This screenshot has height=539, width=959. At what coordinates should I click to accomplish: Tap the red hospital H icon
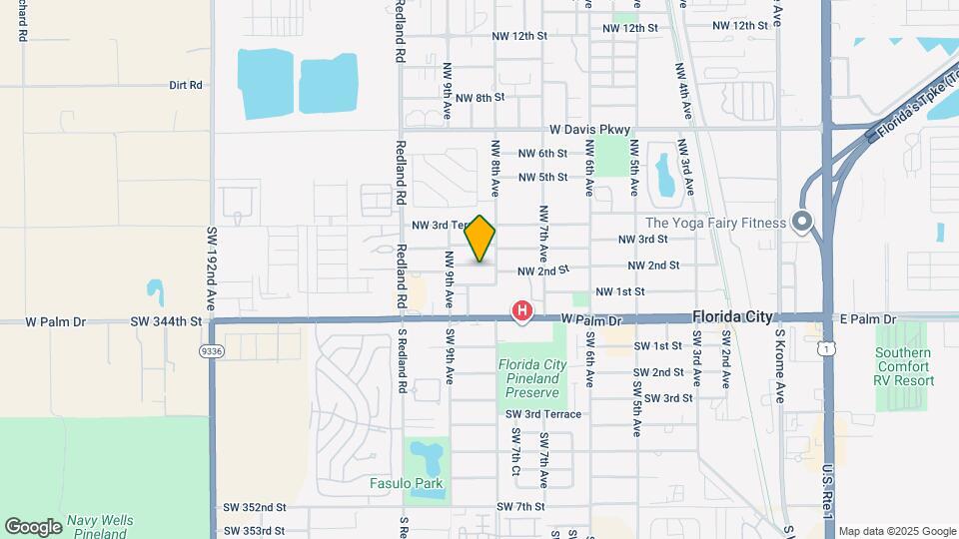point(521,312)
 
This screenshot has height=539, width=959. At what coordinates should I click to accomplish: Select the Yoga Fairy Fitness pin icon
point(801,223)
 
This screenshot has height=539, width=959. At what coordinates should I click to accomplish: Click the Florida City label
point(732,316)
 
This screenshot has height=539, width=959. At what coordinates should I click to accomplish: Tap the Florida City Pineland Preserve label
point(532,378)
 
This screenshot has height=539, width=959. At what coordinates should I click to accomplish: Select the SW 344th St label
point(166,321)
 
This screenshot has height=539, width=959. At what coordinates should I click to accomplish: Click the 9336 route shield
point(211,351)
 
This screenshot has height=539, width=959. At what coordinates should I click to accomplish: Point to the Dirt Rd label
point(186,86)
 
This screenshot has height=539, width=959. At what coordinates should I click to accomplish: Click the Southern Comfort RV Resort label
point(904,366)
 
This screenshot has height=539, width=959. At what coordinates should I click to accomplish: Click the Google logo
point(33,526)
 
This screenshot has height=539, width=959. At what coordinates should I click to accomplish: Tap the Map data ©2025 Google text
point(896,531)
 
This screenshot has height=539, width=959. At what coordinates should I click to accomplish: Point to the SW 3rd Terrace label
point(543,414)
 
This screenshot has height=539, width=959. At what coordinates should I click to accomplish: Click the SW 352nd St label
point(255,507)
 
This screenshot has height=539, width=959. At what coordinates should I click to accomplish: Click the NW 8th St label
point(480,98)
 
